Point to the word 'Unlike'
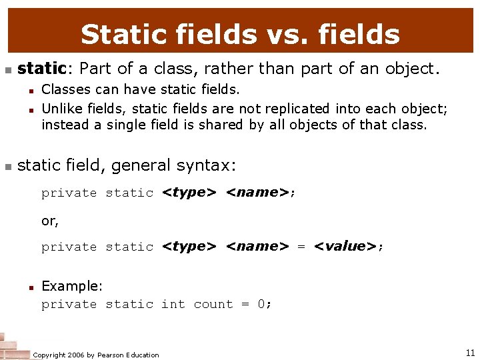click(x=61, y=108)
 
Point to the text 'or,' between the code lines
click(x=50, y=221)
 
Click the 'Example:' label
click(x=72, y=286)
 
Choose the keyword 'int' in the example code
click(x=173, y=304)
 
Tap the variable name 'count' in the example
click(x=213, y=304)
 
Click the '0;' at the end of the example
click(x=265, y=304)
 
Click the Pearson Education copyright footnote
click(x=96, y=355)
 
